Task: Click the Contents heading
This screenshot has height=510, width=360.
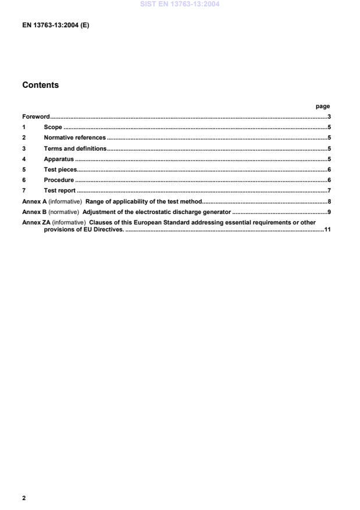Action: pos(40,85)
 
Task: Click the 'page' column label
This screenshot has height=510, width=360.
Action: pos(322,106)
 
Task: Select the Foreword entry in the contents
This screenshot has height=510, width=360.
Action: pos(36,117)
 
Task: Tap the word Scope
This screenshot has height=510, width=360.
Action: pos(53,127)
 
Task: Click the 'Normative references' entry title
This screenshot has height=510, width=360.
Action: pos(74,138)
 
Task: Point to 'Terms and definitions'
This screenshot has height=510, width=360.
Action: pos(75,148)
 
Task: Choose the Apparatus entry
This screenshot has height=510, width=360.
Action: pos(59,159)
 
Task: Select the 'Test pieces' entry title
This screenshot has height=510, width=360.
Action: pos(60,169)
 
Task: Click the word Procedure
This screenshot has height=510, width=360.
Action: pos(59,180)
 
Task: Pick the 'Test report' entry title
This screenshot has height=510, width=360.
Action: pos(60,190)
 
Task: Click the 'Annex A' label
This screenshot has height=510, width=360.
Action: pos(34,201)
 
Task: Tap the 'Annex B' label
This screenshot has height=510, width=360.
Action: pos(34,212)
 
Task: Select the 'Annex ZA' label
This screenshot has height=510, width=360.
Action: pos(36,222)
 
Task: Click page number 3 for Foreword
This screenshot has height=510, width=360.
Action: pos(329,117)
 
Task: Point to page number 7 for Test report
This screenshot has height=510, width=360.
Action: pos(329,190)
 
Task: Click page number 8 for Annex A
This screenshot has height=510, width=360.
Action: pos(329,201)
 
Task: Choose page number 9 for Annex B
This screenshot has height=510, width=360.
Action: pos(329,212)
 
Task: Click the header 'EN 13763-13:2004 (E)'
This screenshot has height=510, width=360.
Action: pos(55,26)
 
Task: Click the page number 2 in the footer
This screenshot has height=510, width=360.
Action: pos(24,498)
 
